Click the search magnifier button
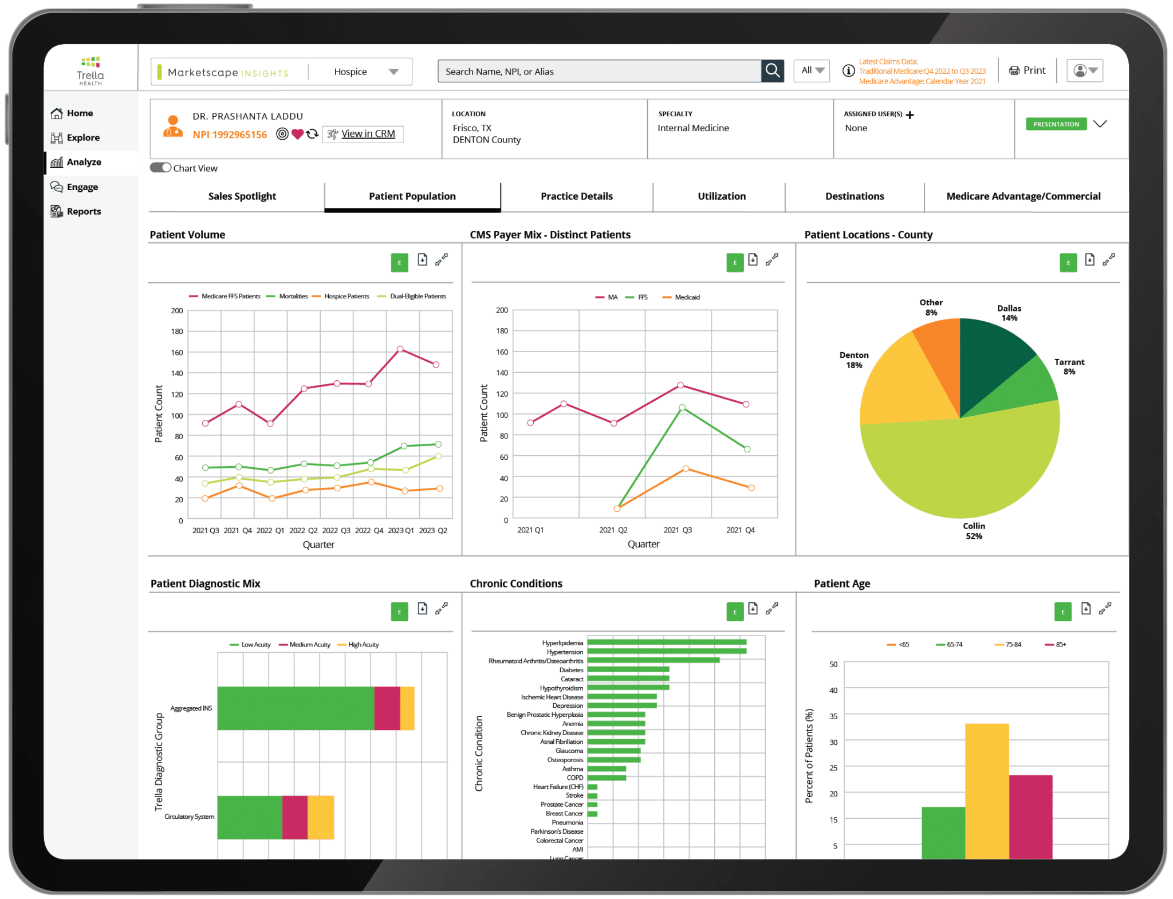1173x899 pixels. (772, 71)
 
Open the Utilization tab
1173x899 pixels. (721, 196)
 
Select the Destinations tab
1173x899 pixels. (854, 196)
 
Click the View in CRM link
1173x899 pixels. (368, 134)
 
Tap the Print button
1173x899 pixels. (1028, 70)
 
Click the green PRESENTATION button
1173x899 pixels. (1056, 124)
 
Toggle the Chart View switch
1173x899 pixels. (160, 168)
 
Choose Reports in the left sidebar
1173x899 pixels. (84, 211)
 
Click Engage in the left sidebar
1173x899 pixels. (82, 187)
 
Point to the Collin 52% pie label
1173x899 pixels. (974, 531)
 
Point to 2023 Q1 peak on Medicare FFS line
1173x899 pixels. (400, 349)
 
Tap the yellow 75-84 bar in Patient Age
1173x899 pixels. (986, 790)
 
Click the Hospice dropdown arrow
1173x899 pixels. (393, 72)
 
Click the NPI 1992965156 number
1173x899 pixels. (230, 135)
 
